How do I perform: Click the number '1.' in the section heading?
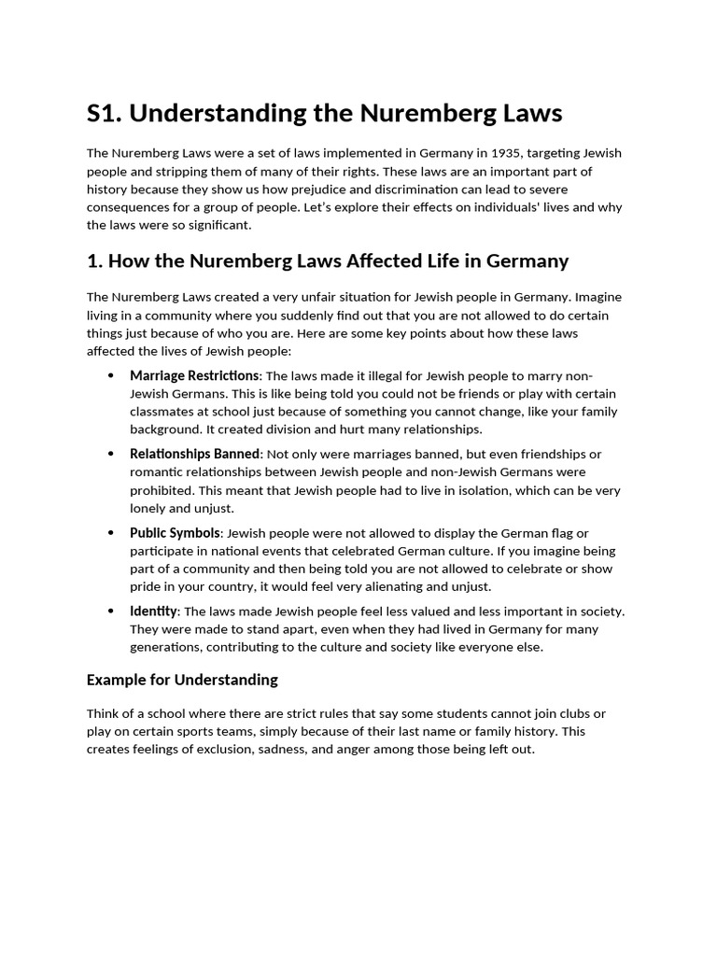click(x=93, y=261)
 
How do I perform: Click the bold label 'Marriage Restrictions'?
click(x=193, y=375)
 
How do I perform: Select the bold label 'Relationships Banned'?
click(x=194, y=454)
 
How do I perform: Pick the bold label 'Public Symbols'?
click(x=175, y=533)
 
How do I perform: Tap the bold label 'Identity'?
click(x=153, y=612)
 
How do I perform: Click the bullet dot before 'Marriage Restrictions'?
click(x=111, y=376)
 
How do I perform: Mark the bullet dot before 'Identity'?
click(x=111, y=612)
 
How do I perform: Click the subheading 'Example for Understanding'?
click(x=182, y=680)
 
